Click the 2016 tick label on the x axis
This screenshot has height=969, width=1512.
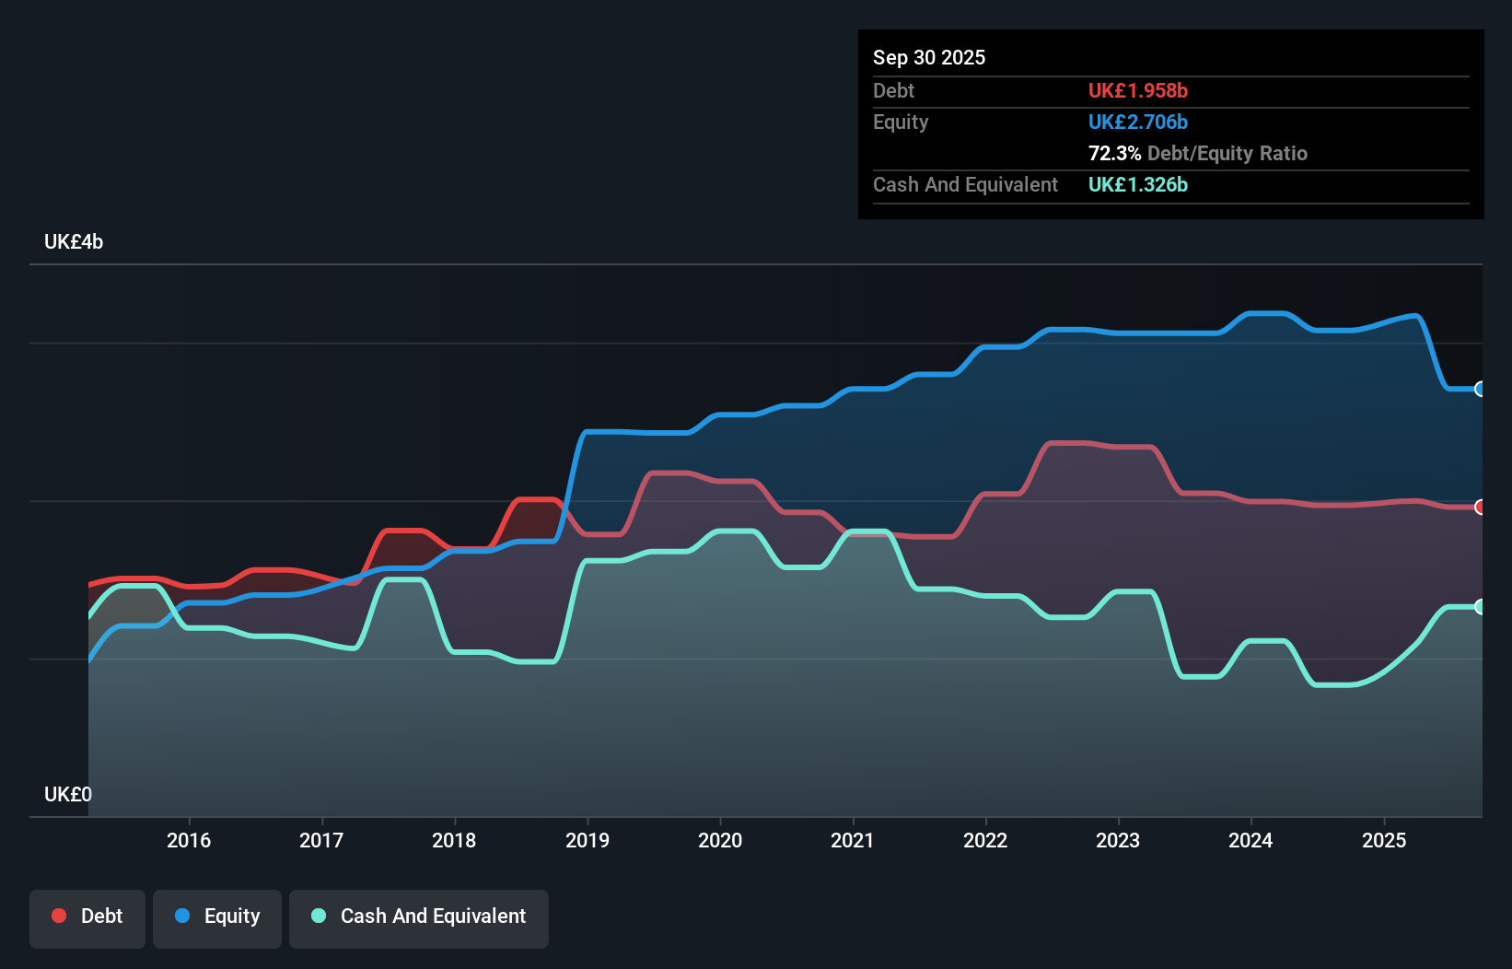click(189, 840)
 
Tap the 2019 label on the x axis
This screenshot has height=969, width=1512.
click(587, 840)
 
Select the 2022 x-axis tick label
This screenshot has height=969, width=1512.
click(985, 840)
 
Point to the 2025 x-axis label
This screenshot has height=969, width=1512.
click(1384, 840)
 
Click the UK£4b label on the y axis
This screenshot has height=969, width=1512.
click(74, 242)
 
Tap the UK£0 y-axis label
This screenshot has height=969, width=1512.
click(68, 794)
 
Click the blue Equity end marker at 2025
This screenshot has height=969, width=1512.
click(1480, 390)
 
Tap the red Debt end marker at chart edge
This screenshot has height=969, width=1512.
click(1480, 508)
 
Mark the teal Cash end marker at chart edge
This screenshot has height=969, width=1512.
click(1480, 607)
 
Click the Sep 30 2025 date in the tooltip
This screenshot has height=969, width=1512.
click(929, 58)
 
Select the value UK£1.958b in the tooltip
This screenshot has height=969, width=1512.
click(1137, 91)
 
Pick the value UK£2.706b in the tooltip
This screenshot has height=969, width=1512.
click(1137, 123)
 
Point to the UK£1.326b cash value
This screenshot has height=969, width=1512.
click(1137, 185)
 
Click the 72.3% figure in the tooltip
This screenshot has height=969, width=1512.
click(1114, 154)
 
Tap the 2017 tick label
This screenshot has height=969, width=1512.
click(321, 840)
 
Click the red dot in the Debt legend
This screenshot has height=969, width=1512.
click(59, 916)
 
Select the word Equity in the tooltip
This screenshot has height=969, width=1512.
click(901, 123)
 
